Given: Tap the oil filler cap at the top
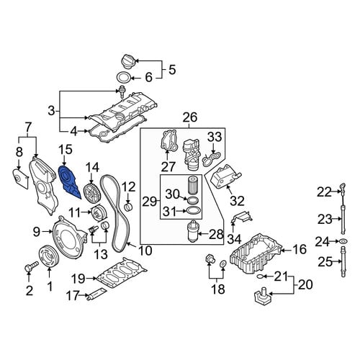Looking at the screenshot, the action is (x=128, y=63).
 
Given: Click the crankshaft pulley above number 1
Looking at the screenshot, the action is (x=48, y=256).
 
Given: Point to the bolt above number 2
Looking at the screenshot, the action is (x=31, y=266).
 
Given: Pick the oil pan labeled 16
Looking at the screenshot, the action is (x=256, y=254).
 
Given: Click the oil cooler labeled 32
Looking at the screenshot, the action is (x=225, y=177).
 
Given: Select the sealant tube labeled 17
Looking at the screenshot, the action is (x=97, y=294).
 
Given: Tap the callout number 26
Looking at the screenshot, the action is (x=190, y=117).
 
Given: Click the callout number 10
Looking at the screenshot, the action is (x=145, y=251).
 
